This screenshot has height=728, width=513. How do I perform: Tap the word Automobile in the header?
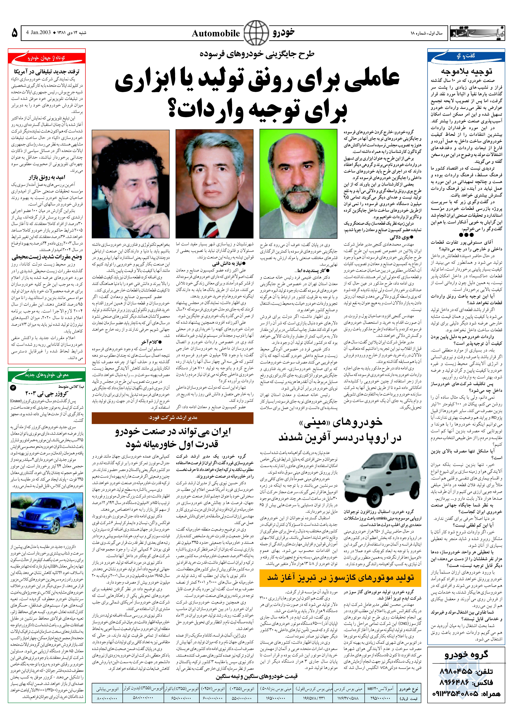click(216, 34)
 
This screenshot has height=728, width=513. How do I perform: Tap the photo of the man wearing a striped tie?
click(214, 184)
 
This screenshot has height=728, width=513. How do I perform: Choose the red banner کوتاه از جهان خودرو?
click(47, 58)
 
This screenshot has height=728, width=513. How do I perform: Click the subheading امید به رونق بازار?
click(47, 177)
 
